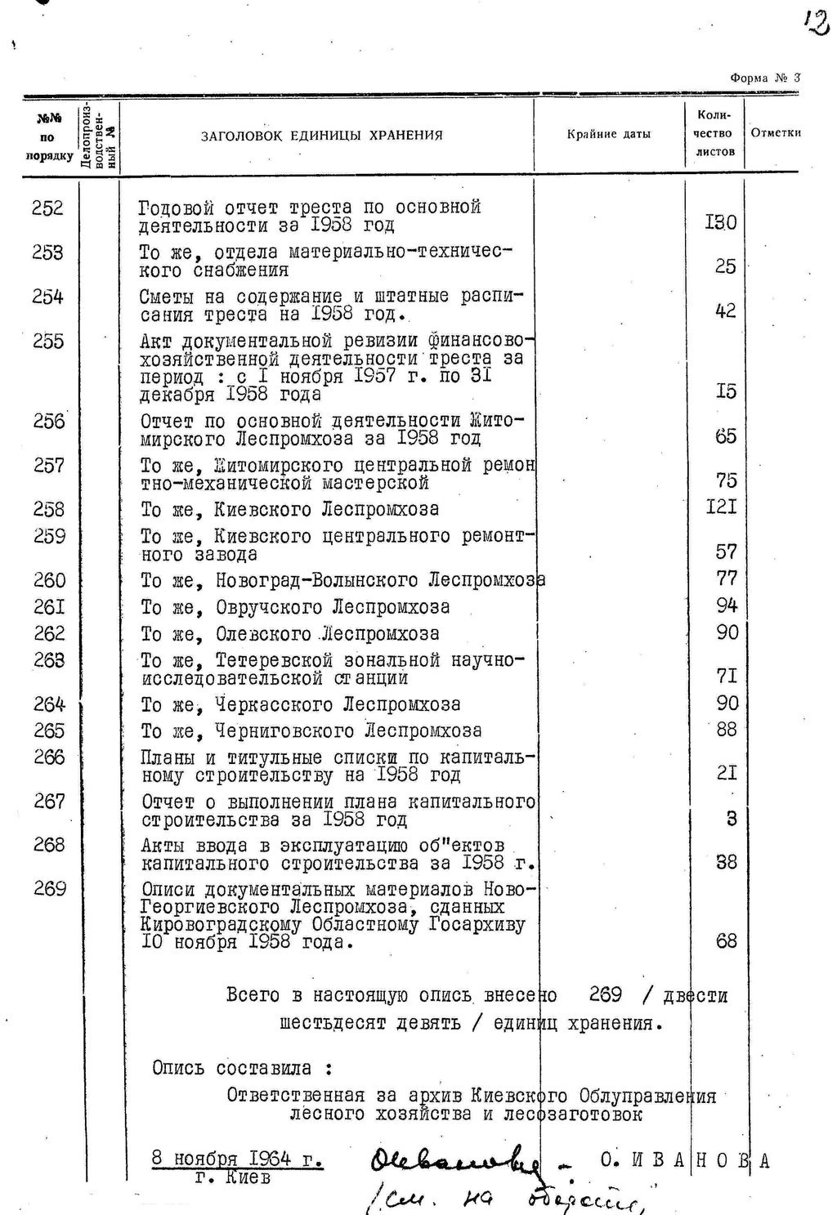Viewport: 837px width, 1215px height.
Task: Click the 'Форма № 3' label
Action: tap(765, 78)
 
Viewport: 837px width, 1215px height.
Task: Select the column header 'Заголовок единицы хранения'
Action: tap(322, 136)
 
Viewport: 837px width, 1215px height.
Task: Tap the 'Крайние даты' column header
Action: tap(609, 134)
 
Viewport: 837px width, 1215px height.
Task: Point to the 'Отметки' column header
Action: tap(775, 133)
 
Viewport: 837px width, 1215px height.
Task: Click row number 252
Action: tap(47, 208)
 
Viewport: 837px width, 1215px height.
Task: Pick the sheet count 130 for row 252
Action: tap(721, 222)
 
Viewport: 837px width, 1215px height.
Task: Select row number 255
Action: tap(48, 341)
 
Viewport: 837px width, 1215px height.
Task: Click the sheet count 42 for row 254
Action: tap(725, 310)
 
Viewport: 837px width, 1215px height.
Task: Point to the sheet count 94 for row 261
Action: tap(727, 605)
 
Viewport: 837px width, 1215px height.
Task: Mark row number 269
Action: tap(50, 888)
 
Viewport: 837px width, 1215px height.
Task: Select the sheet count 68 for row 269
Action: tap(726, 941)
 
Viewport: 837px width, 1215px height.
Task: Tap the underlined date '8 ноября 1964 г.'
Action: tap(237, 1159)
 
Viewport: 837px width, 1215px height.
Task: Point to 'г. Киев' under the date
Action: tap(232, 1178)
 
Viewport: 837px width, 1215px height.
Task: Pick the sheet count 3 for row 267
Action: tap(732, 818)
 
